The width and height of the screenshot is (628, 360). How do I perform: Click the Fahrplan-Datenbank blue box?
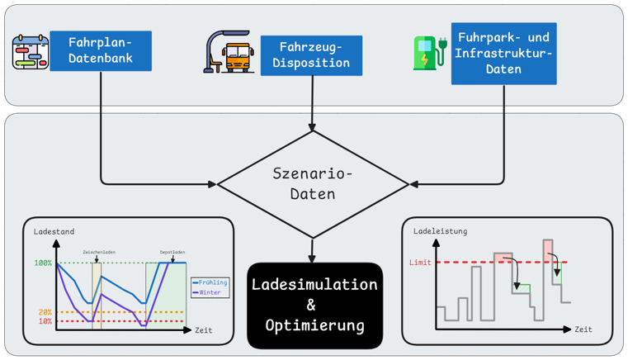point(101,50)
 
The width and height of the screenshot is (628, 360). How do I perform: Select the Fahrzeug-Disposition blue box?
point(311,55)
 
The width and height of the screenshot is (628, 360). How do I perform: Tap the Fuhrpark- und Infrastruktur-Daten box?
point(503,54)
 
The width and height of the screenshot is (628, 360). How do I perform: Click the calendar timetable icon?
point(31,51)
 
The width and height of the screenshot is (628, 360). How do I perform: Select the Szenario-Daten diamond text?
point(313,183)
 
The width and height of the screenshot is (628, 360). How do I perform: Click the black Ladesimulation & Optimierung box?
point(314,305)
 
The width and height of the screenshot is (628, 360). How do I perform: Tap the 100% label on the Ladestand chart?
point(43,263)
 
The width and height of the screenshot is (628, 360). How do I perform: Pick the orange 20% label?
point(45,312)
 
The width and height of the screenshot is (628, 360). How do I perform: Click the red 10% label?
point(45,321)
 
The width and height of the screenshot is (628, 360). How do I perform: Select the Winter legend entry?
point(209,292)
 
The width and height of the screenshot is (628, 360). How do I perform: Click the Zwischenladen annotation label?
point(97,253)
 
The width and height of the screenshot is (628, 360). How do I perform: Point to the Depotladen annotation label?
point(172,253)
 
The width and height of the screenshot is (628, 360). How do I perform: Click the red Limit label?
point(420,263)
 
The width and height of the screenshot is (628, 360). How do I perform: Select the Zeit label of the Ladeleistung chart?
point(583,329)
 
